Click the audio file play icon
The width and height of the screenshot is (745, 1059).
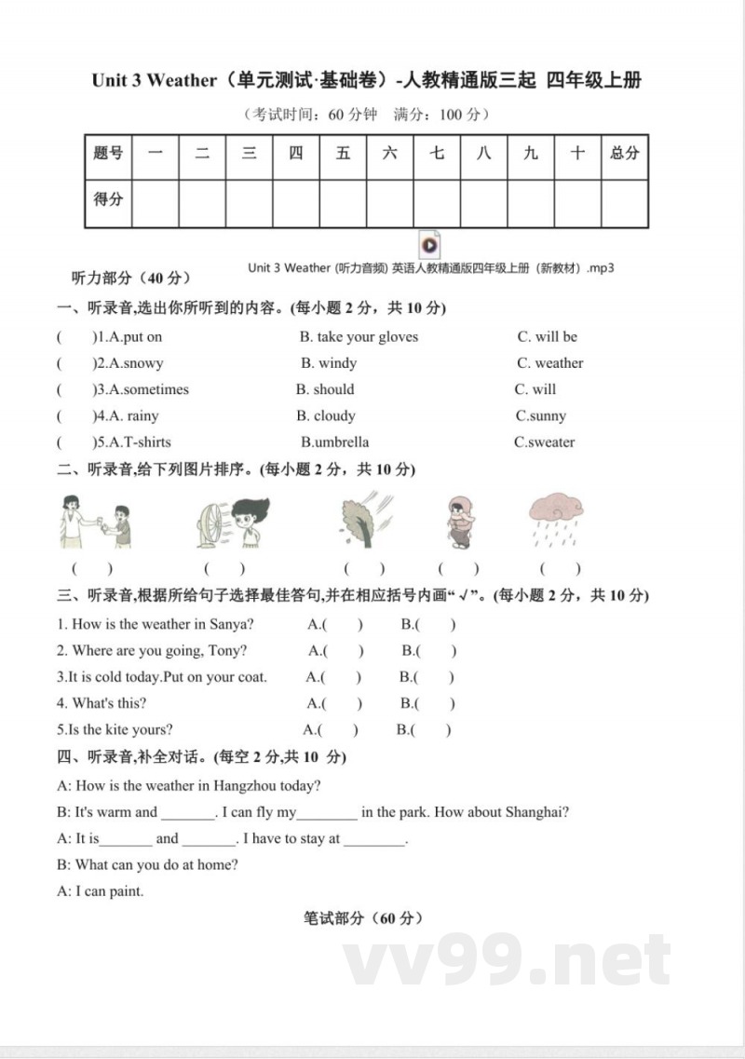coord(429,245)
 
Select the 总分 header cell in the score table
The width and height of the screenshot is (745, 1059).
coord(624,154)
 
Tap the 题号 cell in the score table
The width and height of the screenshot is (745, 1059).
coord(108,154)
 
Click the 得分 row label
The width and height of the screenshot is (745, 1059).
coord(108,199)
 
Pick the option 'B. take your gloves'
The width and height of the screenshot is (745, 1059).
coord(359,337)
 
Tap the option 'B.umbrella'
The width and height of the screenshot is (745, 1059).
coord(334,442)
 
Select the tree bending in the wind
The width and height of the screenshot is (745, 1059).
coord(364,522)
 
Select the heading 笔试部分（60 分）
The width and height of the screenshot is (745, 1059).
coord(363,918)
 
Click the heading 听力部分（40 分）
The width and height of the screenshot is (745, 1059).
coord(131,278)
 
